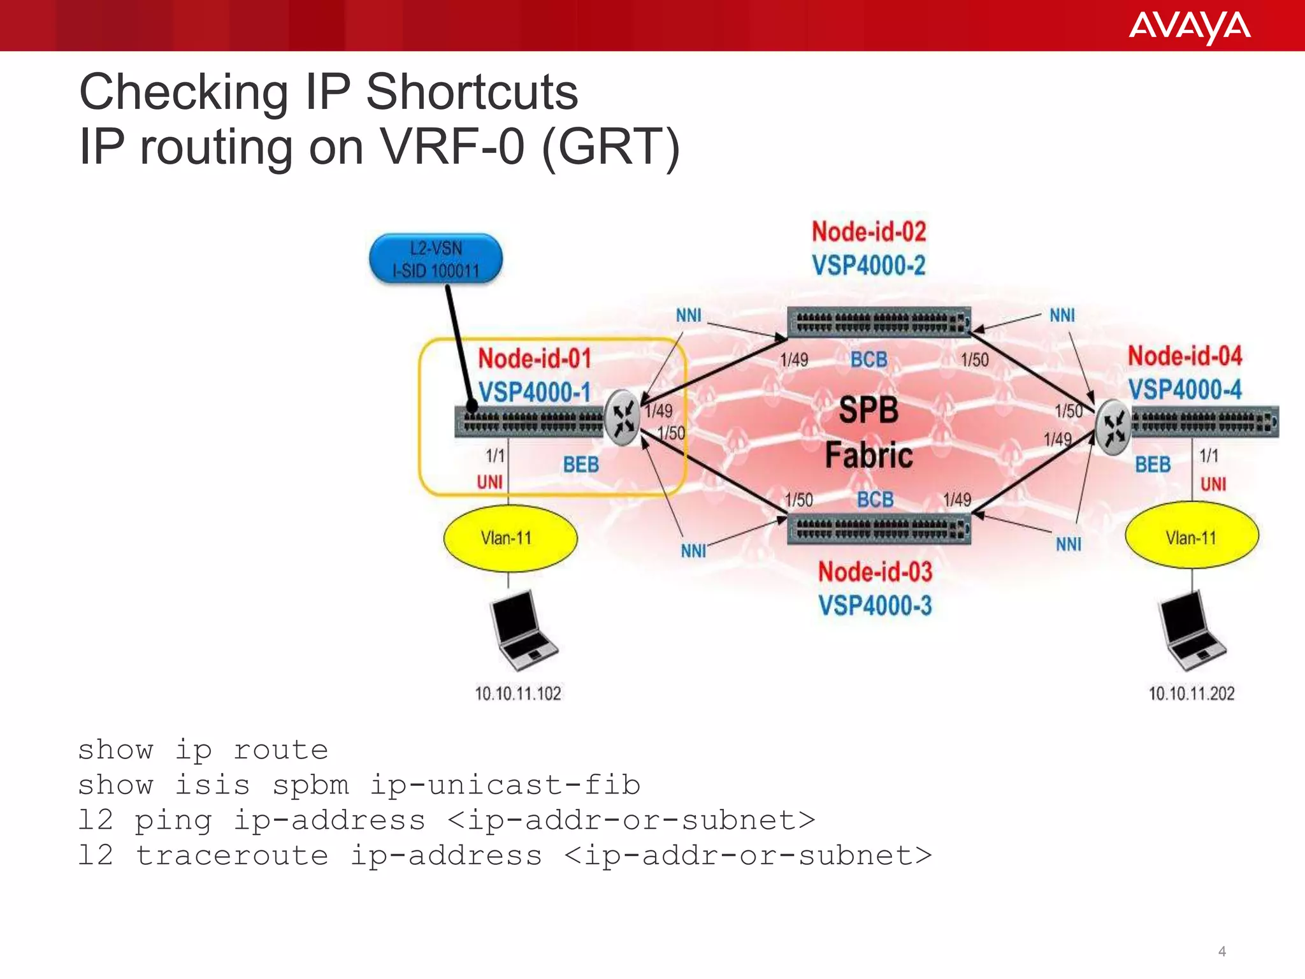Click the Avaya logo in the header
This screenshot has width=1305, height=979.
click(x=1189, y=27)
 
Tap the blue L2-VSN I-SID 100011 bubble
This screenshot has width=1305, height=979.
click(x=436, y=259)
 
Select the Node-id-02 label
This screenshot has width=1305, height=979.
click(x=869, y=231)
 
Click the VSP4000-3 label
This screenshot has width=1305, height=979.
click(x=875, y=606)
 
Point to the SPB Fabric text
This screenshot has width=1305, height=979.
click(x=869, y=432)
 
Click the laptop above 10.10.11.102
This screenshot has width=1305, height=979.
click(x=521, y=630)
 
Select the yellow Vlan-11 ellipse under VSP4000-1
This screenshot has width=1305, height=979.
click(x=510, y=538)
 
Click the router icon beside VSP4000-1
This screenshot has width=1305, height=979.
click(x=622, y=418)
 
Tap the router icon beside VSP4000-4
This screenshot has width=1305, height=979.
click(x=1113, y=426)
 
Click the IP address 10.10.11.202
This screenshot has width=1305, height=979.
click(x=1192, y=693)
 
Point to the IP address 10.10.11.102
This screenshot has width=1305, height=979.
click(x=518, y=693)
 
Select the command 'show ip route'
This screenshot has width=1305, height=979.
click(x=203, y=750)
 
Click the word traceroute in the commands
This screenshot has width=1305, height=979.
click(x=232, y=855)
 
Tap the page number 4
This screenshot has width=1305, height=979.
click(x=1222, y=952)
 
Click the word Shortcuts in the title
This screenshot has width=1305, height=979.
click(x=472, y=92)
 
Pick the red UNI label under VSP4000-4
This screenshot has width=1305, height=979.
click(x=1213, y=484)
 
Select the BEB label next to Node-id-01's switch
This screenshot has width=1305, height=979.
click(x=580, y=465)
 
